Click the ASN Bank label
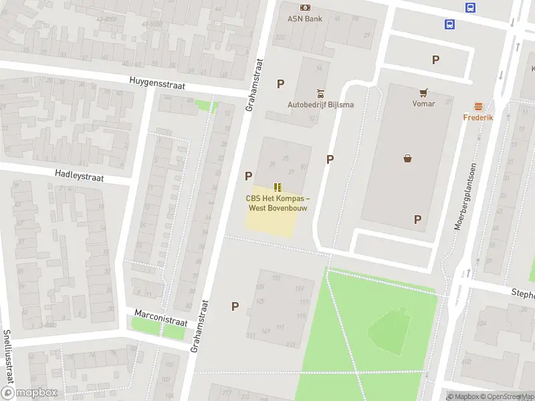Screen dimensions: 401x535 [x=305, y=19]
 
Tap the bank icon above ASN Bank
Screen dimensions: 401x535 [x=305, y=7]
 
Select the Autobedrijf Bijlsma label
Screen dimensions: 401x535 [x=321, y=104]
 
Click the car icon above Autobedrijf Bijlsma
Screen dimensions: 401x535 [x=321, y=93]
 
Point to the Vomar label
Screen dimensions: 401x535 [x=423, y=104]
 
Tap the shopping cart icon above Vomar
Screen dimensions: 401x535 [x=423, y=92]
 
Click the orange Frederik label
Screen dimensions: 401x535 [x=478, y=118]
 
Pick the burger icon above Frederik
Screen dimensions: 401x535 [x=478, y=106]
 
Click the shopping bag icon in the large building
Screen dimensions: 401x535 [x=408, y=158]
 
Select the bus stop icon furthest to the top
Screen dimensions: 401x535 [x=471, y=7]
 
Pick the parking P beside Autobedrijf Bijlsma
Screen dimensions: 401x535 [x=281, y=84]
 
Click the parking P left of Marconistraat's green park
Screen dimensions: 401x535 [x=235, y=306]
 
